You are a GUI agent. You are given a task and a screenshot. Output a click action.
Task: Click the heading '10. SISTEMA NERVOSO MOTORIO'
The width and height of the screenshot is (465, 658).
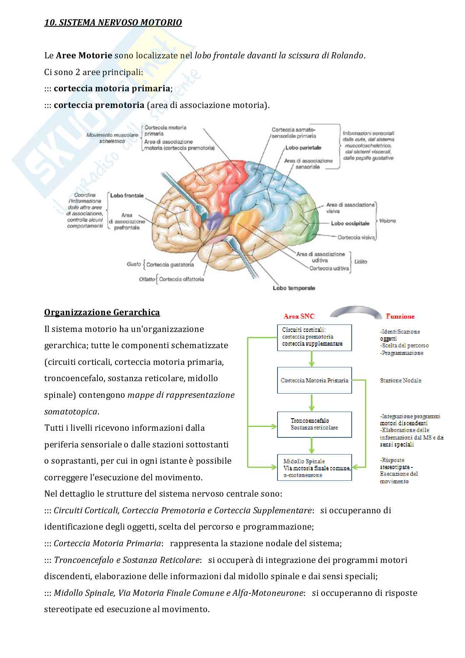click(113, 23)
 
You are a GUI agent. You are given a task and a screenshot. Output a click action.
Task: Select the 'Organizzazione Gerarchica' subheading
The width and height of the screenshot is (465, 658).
click(102, 312)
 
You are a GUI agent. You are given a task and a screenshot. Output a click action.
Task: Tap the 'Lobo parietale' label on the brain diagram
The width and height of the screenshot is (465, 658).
click(303, 148)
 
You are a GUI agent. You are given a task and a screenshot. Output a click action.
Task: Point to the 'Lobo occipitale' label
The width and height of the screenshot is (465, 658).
click(350, 223)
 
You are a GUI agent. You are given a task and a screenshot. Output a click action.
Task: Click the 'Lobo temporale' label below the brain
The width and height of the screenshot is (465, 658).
click(294, 288)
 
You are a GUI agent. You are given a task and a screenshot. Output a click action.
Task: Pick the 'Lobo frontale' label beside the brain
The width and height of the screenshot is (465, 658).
click(127, 195)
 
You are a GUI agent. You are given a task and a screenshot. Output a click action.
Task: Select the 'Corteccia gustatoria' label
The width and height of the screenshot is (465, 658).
click(170, 264)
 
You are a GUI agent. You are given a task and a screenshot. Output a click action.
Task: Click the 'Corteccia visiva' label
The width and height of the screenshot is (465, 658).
click(356, 237)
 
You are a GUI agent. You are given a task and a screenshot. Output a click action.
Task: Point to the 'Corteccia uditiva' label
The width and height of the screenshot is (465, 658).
click(329, 268)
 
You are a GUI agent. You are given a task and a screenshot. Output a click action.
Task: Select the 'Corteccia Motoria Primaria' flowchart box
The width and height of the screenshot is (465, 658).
click(315, 380)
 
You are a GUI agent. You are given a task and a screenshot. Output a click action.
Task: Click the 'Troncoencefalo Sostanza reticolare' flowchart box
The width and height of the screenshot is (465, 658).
click(315, 424)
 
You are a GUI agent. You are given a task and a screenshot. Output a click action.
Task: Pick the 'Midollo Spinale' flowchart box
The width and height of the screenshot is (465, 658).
click(315, 467)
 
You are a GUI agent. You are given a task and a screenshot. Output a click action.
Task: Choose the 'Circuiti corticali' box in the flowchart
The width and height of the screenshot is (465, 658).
click(315, 337)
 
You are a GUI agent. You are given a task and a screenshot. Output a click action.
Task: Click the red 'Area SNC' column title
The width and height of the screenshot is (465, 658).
click(299, 316)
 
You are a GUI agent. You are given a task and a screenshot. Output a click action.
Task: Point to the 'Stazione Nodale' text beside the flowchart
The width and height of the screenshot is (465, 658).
click(400, 380)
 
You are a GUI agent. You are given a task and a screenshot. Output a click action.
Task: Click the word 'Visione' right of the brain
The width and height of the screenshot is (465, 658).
click(387, 221)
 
